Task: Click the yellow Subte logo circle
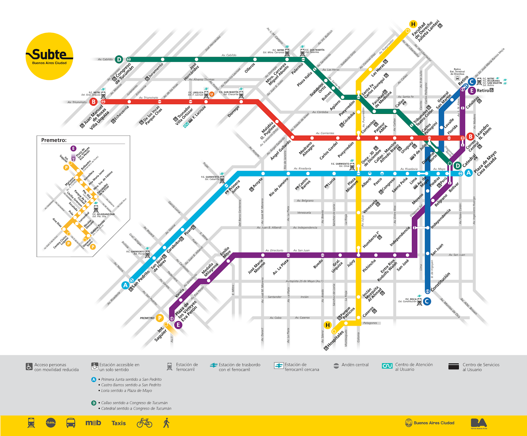click(49, 56)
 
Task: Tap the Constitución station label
click(440, 282)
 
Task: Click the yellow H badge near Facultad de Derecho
click(413, 24)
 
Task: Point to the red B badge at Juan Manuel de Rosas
click(94, 102)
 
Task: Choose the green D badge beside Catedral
click(457, 166)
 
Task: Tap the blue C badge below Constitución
click(427, 301)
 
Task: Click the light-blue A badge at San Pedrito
click(125, 285)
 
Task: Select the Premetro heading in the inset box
click(54, 140)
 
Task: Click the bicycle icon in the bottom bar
click(144, 423)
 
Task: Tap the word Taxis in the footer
click(119, 423)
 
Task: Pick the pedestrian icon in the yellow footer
click(166, 423)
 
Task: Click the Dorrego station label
click(234, 112)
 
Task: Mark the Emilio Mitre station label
click(226, 252)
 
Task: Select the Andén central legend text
click(355, 365)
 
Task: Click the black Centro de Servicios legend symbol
click(454, 367)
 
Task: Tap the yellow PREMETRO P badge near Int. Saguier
click(160, 318)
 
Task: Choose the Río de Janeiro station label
click(278, 187)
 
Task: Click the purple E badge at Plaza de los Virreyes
click(178, 325)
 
